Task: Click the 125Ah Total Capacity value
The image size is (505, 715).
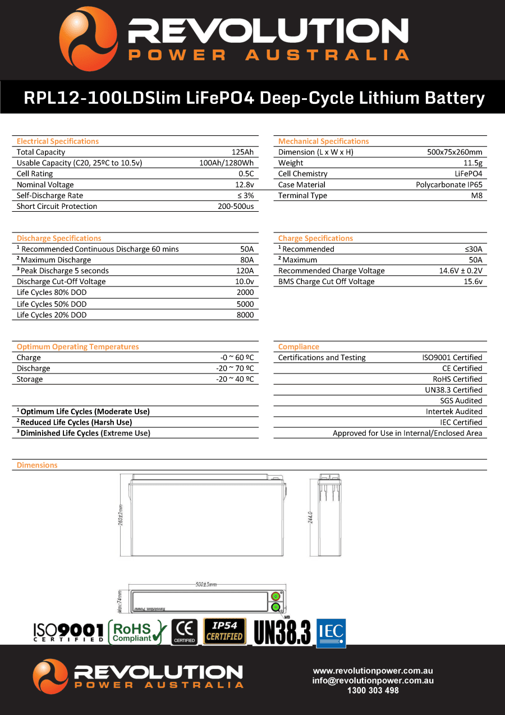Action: pos(242,152)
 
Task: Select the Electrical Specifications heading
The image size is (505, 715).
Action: pos(58,141)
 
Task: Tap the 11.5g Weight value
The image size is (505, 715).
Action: pos(472,163)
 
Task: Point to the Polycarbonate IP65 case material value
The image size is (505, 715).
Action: pos(449,184)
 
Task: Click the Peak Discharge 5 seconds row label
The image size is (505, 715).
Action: pos(63,271)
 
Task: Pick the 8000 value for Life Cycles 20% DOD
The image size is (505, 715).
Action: pos(245,315)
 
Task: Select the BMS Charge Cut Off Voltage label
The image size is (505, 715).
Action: pos(326,281)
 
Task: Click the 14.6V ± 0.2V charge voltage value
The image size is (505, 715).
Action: pos(460,271)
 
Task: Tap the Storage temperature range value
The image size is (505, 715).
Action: pos(235,379)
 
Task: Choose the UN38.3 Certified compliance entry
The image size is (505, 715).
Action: pos(453,390)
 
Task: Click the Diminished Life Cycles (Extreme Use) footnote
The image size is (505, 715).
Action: pos(84,433)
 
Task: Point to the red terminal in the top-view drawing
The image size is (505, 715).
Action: pos(276,596)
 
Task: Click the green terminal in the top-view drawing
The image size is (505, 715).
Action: pos(276,607)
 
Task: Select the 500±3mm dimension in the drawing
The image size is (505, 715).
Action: pos(206,584)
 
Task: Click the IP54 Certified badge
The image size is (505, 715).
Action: pos(224,631)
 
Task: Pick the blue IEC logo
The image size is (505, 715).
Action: pos(331,632)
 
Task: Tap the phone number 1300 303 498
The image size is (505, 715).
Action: pos(373,690)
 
